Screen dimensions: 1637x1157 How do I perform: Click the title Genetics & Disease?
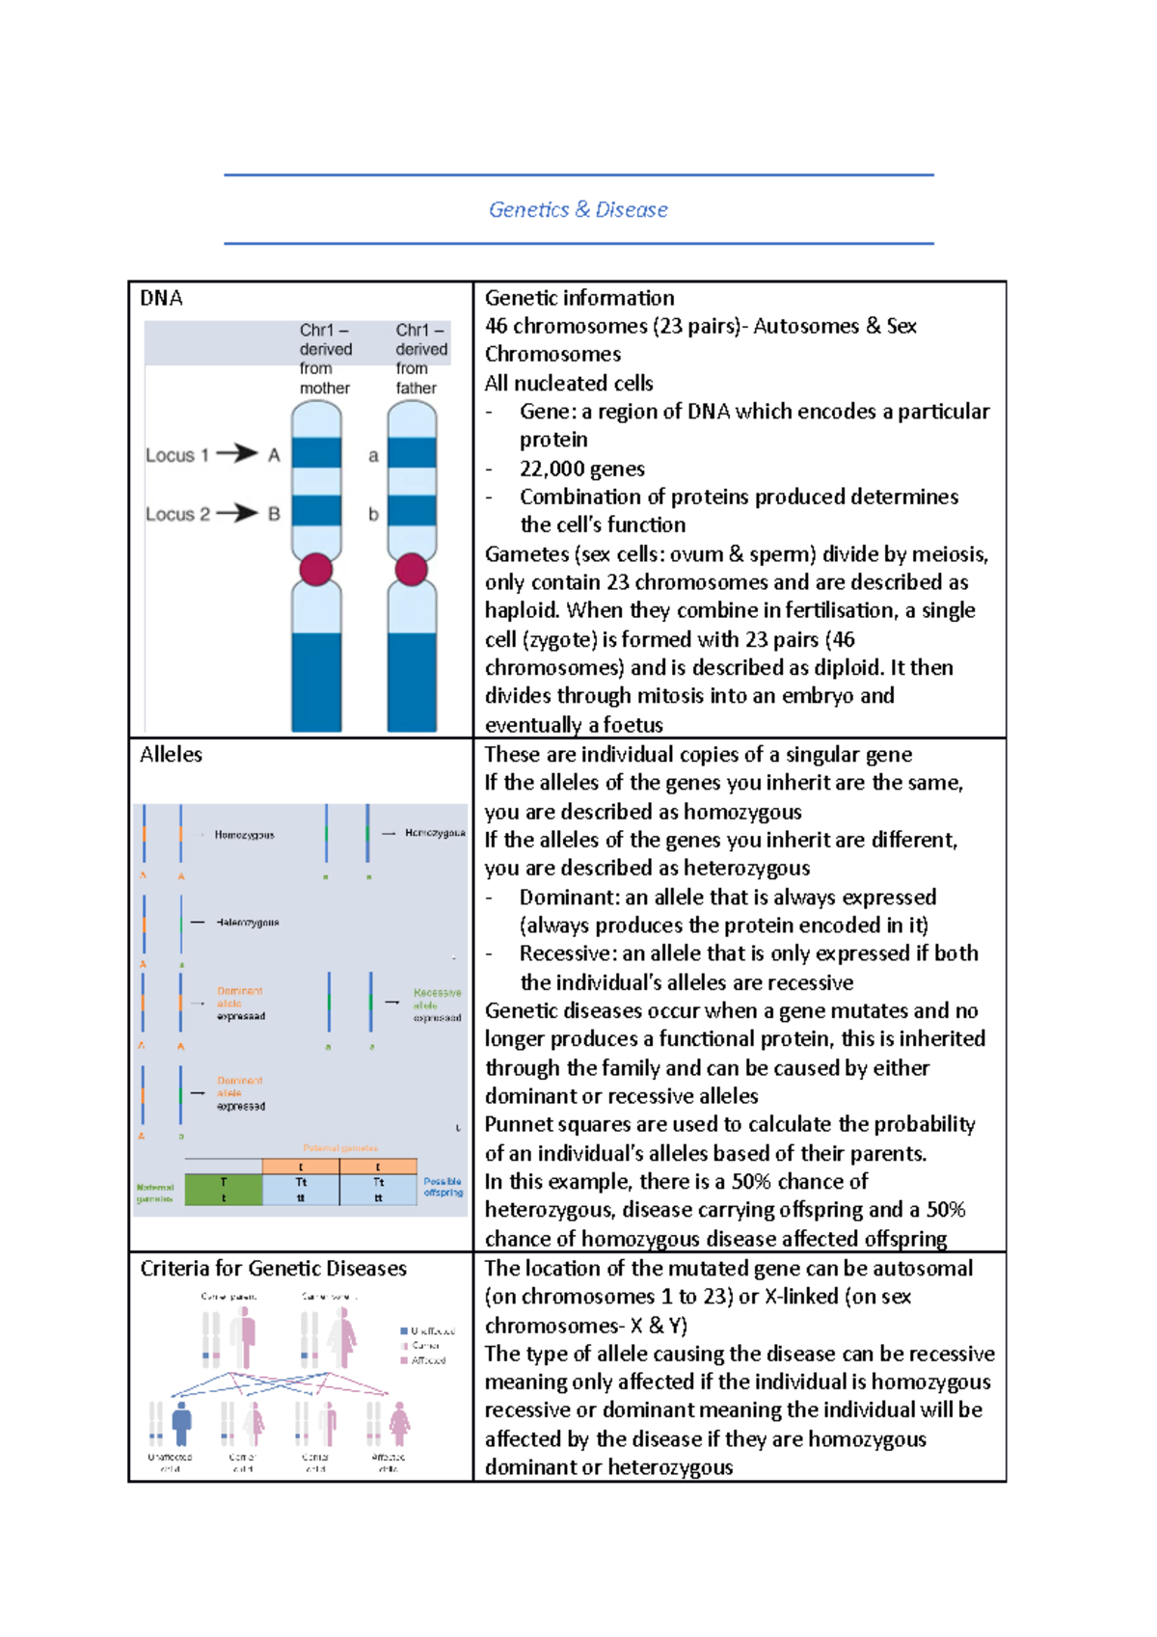pos(578,209)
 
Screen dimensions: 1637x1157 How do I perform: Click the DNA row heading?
pos(161,298)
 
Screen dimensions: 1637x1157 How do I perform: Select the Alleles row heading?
pos(171,754)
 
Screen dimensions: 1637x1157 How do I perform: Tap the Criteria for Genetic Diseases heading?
pos(273,1268)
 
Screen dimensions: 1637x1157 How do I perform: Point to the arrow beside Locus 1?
pos(236,453)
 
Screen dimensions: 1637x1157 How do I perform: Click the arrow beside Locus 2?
pos(236,513)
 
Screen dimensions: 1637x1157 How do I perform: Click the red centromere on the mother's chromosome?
pos(316,569)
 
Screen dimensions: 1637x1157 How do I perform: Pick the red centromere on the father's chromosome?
pos(412,569)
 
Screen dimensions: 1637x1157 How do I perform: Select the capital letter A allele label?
pos(274,455)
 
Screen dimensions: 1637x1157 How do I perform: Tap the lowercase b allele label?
pos(373,515)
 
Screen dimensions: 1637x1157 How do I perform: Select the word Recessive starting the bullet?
pos(567,953)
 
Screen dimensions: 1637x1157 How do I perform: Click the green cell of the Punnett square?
pos(224,1190)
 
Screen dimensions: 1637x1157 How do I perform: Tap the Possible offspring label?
pos(443,1187)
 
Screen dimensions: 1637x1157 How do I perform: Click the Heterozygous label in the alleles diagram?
pos(248,923)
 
